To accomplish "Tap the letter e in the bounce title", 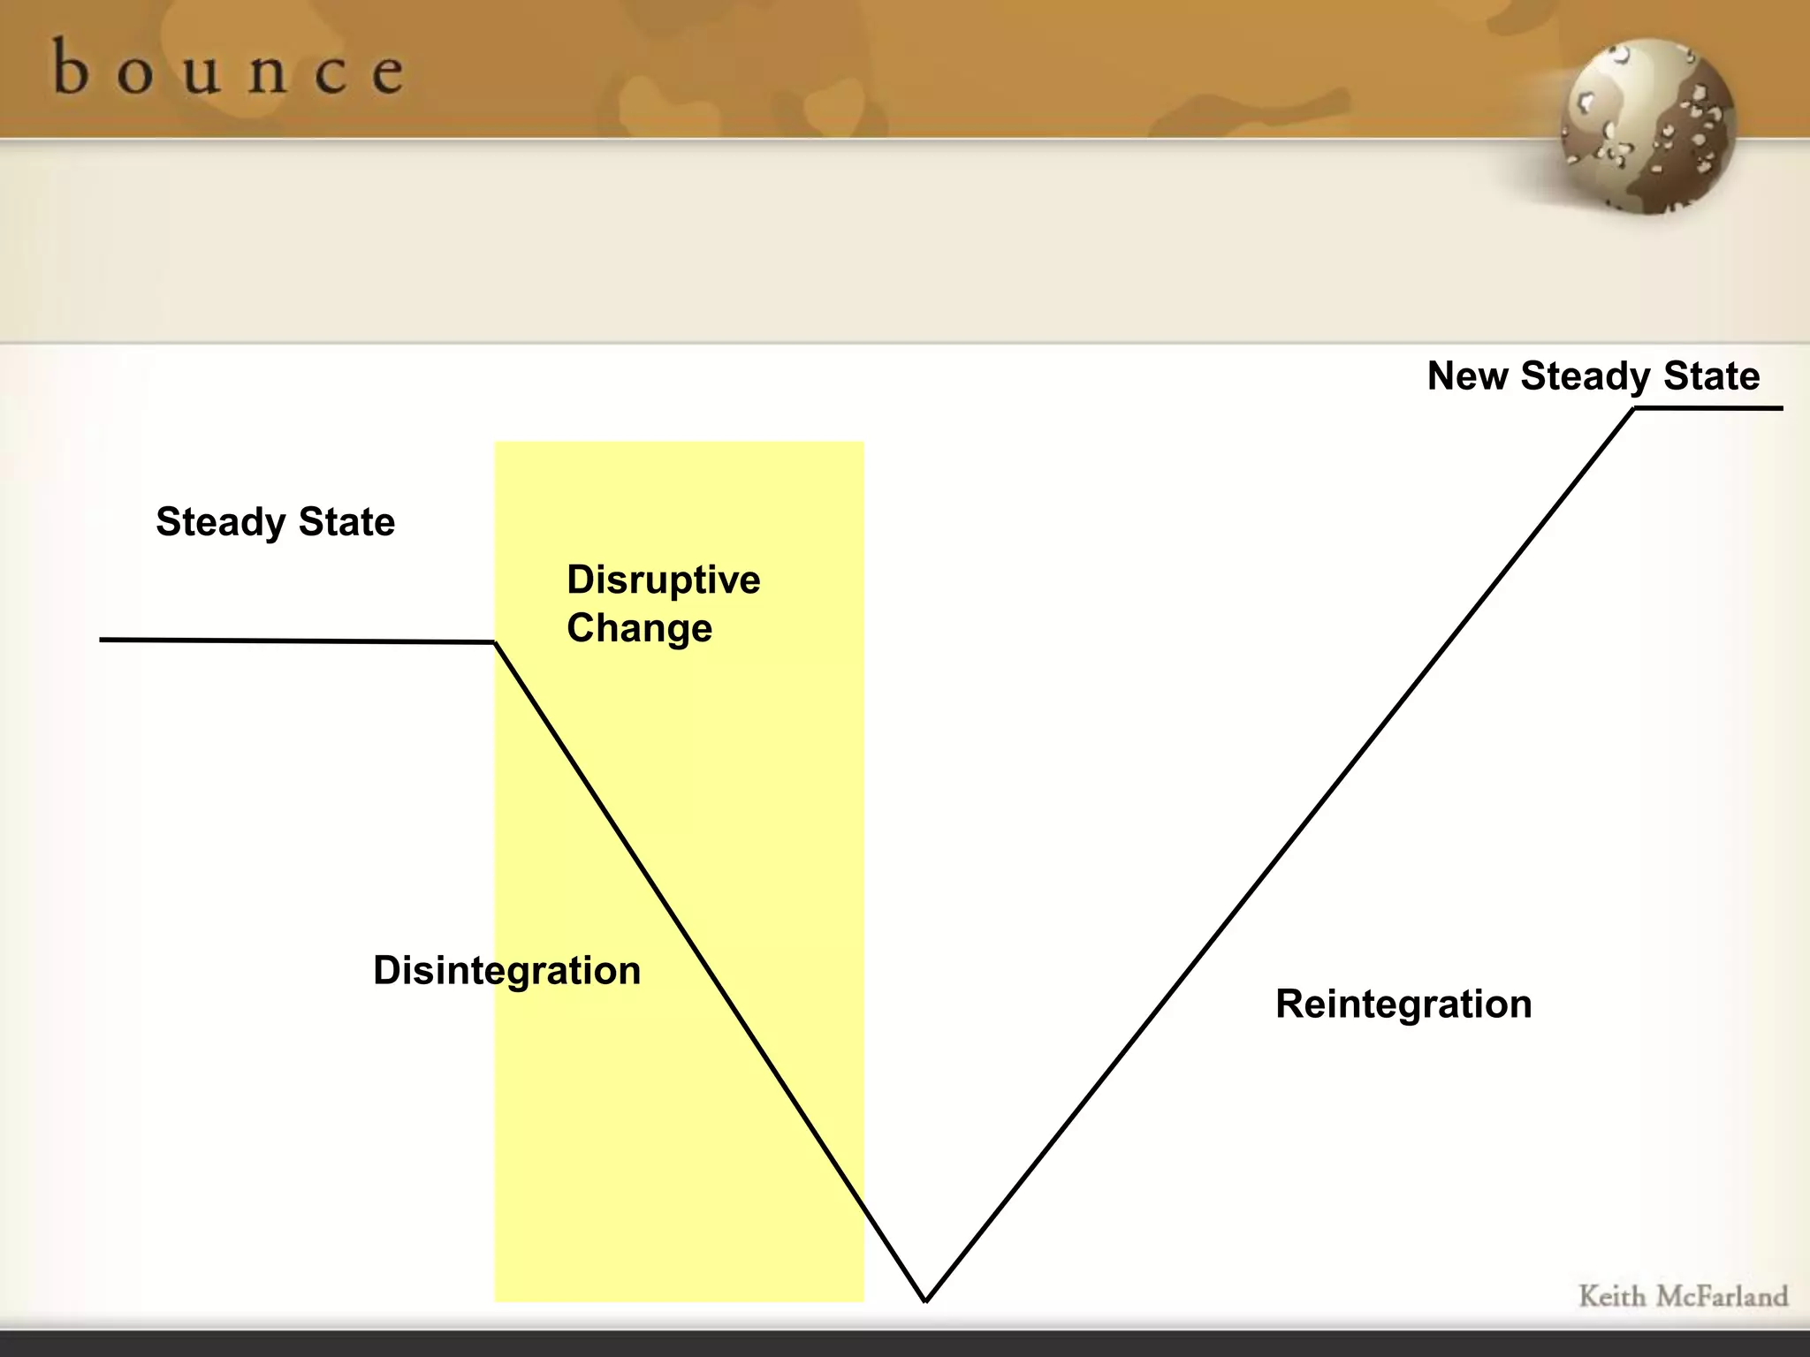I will point(388,72).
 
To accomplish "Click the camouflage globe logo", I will point(1647,125).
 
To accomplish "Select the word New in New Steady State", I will point(1468,375).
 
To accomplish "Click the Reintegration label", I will point(1403,1004).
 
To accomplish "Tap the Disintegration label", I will point(506,970).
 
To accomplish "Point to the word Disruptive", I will point(663,580).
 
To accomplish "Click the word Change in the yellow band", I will point(639,628).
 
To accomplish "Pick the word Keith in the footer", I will point(1612,1297).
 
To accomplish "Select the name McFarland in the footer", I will point(1722,1297).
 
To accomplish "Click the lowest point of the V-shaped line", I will point(925,1300).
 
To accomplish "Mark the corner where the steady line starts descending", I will point(495,642).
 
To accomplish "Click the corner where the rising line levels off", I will point(1634,409).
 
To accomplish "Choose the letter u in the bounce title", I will point(202,72).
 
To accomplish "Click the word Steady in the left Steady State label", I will point(220,522).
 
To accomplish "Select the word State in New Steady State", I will point(1712,375).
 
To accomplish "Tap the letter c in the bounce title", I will point(330,72).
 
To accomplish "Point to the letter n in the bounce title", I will point(267,72).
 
